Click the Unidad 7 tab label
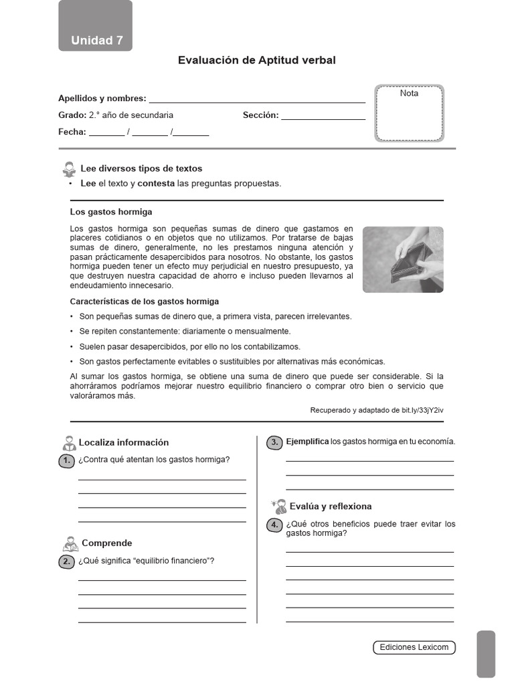click(96, 40)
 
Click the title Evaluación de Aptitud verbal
click(256, 60)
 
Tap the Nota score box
click(409, 113)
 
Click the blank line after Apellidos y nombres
click(257, 99)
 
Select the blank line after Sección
click(323, 116)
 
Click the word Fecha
click(72, 132)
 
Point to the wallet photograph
click(402, 259)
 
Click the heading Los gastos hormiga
click(111, 212)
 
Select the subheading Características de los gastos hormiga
click(144, 301)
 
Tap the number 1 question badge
click(67, 460)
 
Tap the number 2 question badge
click(67, 561)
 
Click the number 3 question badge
click(274, 442)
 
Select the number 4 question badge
click(274, 525)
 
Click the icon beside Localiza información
click(68, 443)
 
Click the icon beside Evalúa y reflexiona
click(278, 506)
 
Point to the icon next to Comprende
click(70, 543)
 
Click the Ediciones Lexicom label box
click(414, 647)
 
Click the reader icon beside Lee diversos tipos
click(69, 169)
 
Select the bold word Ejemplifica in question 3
click(307, 441)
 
